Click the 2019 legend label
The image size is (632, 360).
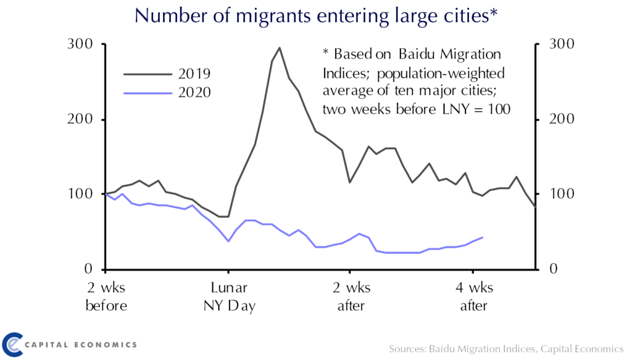(194, 74)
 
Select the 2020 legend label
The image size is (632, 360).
(194, 93)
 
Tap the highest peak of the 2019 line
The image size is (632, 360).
(280, 48)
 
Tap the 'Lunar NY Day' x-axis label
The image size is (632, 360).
(229, 296)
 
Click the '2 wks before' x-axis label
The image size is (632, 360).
(106, 296)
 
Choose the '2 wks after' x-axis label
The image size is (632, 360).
(350, 296)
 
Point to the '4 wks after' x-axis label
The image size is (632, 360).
(473, 296)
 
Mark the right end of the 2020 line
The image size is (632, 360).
(483, 237)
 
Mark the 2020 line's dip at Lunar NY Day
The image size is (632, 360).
(228, 241)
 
